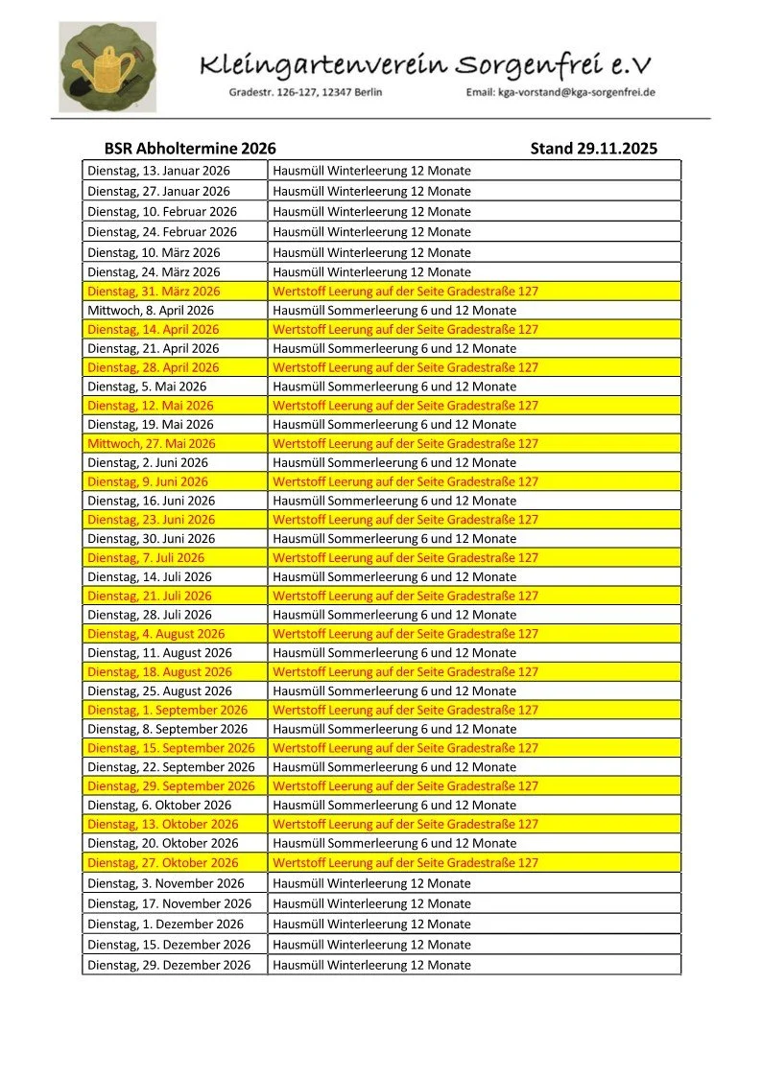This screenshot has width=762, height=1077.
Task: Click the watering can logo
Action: coord(107,67)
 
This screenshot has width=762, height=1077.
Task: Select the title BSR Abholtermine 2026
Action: coord(190,149)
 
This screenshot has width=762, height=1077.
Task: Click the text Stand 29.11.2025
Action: coord(593,149)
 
